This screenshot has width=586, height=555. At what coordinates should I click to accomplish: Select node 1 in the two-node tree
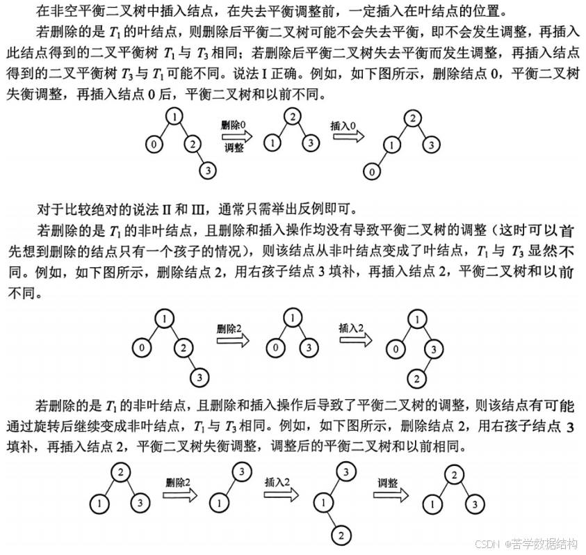[219, 502]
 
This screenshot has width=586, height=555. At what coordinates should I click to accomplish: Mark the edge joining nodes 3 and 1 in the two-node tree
[230, 487]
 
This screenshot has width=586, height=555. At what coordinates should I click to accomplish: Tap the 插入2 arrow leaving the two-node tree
[282, 494]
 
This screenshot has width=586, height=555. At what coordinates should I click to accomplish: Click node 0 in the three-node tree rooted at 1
[277, 348]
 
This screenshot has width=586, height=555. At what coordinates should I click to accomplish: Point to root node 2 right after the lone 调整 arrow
[452, 475]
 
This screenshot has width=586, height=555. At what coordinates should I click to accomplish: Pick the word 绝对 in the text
[122, 207]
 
